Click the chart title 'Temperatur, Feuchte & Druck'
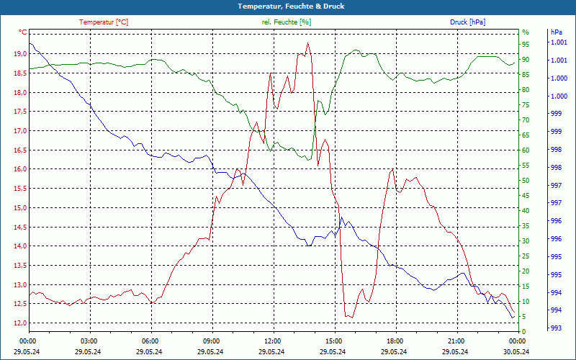coord(288,6)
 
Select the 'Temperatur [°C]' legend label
coord(104,22)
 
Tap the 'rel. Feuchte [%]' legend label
coord(287,22)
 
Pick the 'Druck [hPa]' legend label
coord(468,22)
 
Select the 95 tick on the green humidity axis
coord(526,45)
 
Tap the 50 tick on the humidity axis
coord(526,181)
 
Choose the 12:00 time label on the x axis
coord(273,341)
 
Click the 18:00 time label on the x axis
coord(395,341)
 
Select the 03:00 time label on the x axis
coord(89,341)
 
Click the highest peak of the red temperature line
coord(308,43)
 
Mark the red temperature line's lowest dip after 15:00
coord(350,317)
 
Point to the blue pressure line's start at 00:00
coord(29,43)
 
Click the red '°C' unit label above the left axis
coord(22,32)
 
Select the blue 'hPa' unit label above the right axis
coord(556,32)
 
